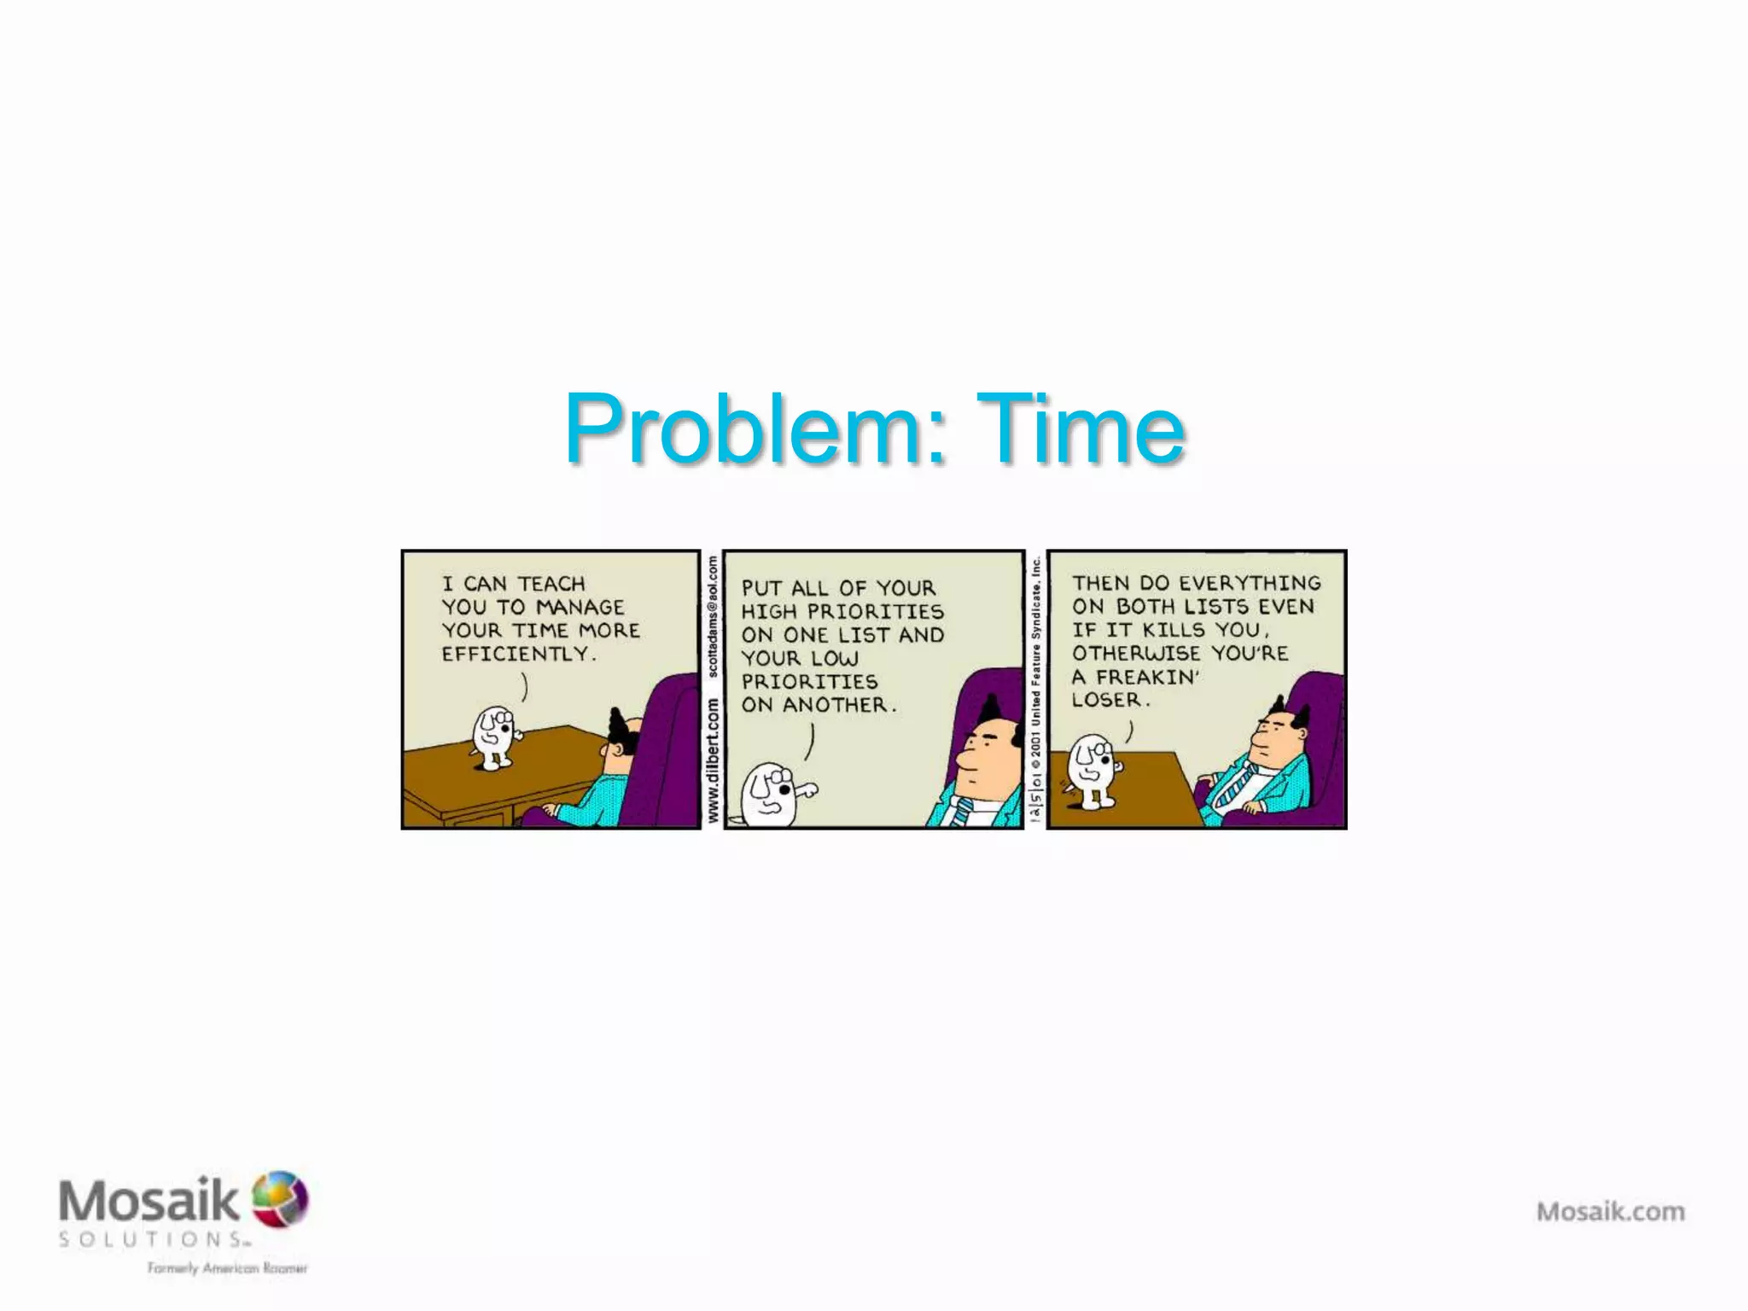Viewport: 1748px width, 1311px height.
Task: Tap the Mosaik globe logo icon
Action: pos(281,1198)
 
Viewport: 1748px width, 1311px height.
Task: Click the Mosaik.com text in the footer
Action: pos(1611,1211)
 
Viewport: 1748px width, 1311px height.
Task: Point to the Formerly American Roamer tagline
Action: pos(227,1268)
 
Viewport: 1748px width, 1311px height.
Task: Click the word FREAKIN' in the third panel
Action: pos(1148,677)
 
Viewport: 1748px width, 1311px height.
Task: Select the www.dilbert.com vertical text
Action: pos(713,760)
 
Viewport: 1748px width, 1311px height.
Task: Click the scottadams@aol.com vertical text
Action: pos(713,616)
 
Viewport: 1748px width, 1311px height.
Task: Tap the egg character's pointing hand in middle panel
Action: pos(804,790)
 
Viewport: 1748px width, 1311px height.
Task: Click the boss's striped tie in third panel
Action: pos(1234,784)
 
